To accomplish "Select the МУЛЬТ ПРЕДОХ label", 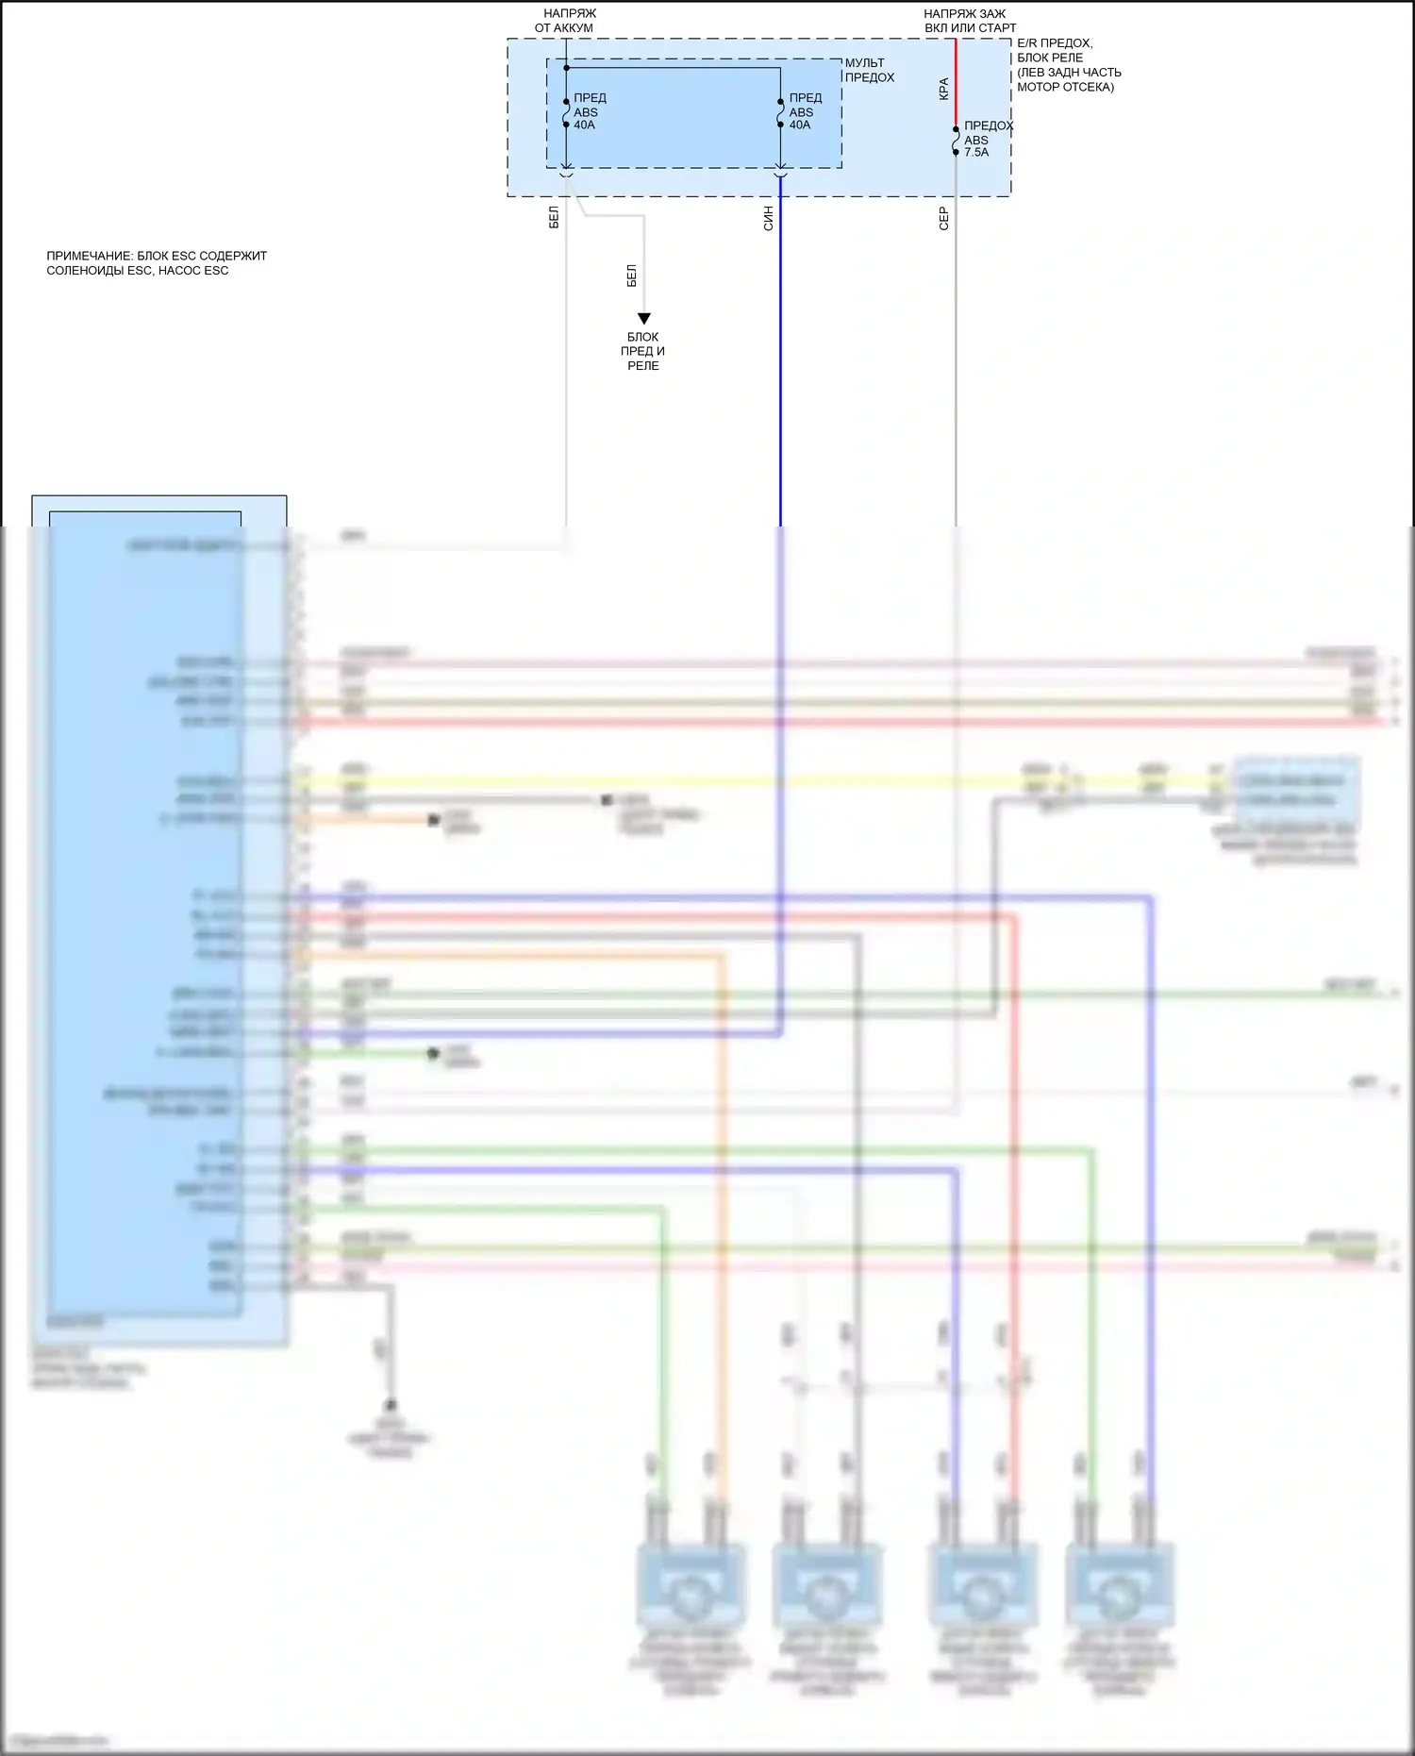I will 869,71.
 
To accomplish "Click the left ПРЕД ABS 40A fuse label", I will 589,111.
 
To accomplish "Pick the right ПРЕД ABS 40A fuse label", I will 805,111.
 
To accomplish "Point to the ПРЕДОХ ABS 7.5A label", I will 987,139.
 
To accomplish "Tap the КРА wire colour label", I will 943,89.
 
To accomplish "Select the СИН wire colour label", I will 768,219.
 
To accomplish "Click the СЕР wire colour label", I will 943,219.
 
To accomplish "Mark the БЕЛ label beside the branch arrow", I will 631,276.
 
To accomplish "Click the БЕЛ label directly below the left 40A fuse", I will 554,217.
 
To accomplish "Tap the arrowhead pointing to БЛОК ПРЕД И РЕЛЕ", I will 644,319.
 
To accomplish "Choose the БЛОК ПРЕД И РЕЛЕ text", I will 643,351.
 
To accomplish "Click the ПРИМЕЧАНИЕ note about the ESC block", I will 157,263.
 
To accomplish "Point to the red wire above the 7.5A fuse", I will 956,80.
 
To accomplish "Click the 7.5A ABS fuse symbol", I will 956,141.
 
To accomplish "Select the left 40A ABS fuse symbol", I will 566,113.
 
